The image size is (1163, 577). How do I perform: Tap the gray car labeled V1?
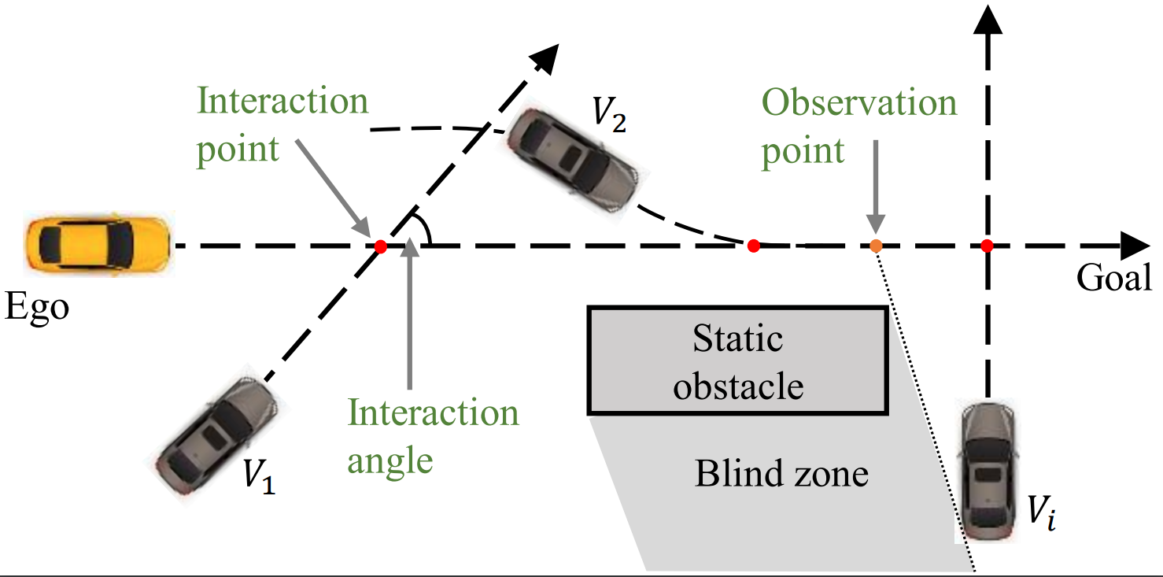[x=216, y=435]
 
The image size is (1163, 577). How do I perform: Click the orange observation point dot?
[x=877, y=246]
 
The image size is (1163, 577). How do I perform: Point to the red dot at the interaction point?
[x=381, y=246]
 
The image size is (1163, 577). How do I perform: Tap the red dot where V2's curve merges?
[x=753, y=246]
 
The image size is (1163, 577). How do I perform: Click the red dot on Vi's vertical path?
[x=987, y=246]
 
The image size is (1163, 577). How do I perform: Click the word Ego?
[x=37, y=307]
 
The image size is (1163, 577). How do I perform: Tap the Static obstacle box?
[x=737, y=361]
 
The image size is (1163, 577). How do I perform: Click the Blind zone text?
[x=781, y=474]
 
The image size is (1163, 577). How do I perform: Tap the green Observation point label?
[x=858, y=126]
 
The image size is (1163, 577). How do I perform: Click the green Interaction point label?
[x=282, y=125]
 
